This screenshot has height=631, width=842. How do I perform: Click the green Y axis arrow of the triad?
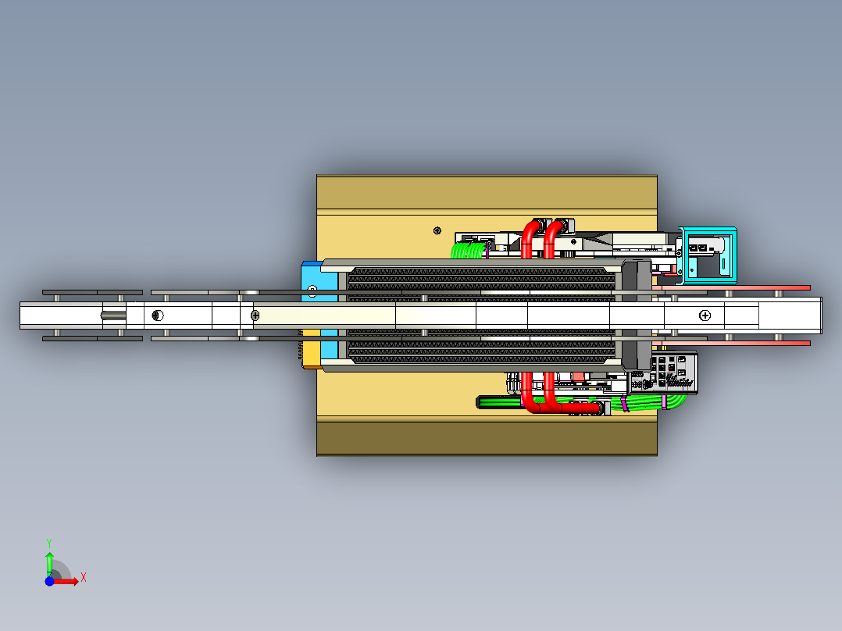pos(49,563)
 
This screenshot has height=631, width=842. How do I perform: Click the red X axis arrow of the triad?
pos(66,581)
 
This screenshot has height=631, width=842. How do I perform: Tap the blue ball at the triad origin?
pos(49,581)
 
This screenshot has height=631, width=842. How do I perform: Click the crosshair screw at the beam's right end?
pos(705,315)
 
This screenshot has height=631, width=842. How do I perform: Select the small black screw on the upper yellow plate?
pos(437,231)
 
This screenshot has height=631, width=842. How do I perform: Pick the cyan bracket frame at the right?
pos(708,255)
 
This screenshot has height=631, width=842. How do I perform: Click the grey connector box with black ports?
pos(673,373)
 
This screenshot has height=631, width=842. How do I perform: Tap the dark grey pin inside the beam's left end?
pos(113,315)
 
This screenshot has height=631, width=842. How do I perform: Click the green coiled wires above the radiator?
pos(469,250)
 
